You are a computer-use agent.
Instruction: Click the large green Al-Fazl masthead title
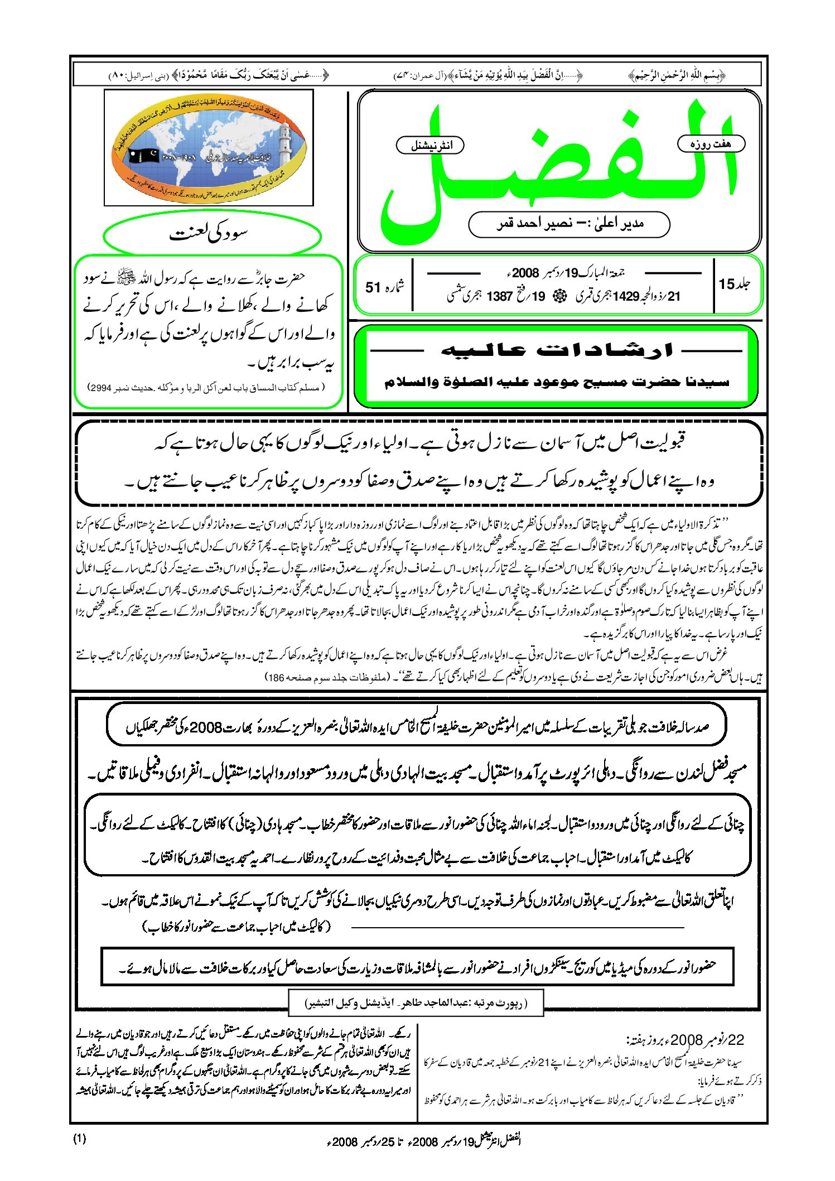558,167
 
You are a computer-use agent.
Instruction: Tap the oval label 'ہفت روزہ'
711,144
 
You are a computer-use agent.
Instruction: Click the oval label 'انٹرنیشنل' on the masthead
430,146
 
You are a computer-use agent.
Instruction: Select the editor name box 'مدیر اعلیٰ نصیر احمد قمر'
569,224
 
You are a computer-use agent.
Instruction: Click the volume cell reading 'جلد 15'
735,285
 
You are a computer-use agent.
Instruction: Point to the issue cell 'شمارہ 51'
384,287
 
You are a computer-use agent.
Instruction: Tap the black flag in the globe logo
144,156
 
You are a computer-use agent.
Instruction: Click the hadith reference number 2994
101,387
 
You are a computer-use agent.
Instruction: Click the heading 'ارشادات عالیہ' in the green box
557,350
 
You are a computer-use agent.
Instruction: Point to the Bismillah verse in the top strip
677,75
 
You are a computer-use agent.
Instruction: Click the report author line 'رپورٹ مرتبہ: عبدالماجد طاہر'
416,1002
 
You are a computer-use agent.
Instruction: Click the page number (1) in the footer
80,1138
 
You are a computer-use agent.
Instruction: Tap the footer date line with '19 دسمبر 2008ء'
424,1140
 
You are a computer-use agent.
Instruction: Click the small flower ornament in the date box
558,297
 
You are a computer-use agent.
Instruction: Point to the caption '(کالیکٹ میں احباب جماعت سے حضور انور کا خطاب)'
237,927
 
